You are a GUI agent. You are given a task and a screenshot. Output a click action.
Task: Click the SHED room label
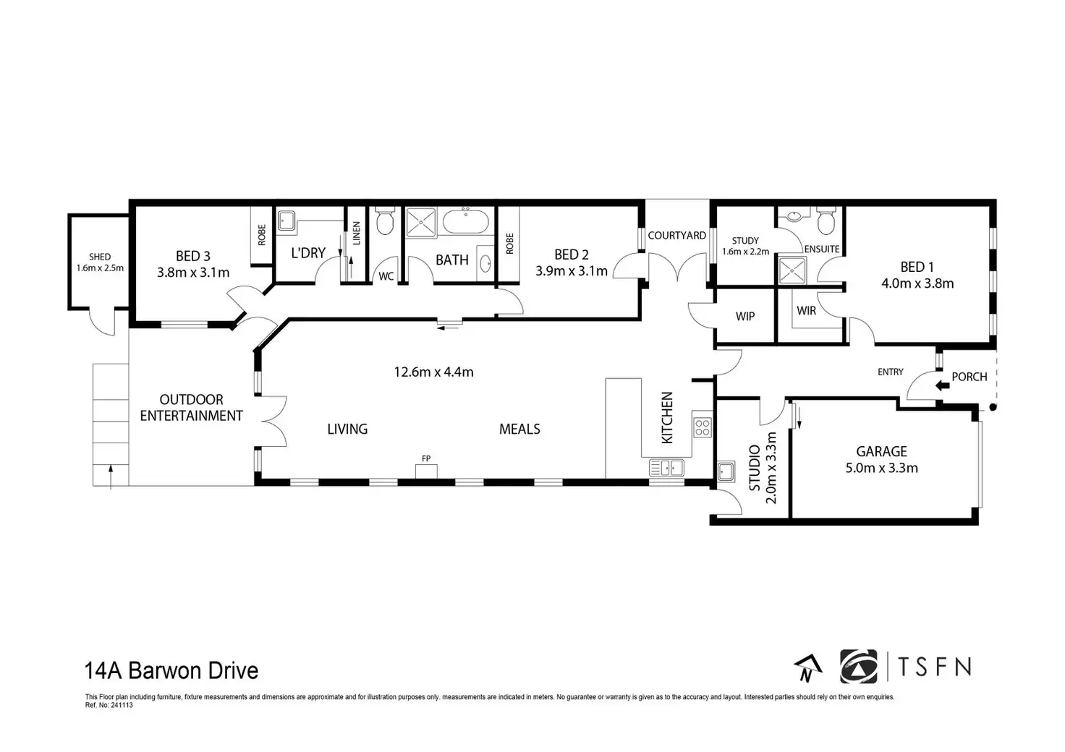100,257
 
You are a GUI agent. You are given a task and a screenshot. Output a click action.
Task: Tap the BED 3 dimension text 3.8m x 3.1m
193,273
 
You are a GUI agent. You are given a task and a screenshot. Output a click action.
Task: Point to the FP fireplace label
426,458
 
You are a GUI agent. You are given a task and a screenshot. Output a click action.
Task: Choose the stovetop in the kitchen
703,427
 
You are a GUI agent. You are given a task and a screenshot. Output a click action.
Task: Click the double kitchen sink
666,468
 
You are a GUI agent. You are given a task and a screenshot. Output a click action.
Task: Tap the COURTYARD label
677,236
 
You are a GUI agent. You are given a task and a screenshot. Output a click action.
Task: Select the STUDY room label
745,241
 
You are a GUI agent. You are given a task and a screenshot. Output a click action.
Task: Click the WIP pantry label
745,317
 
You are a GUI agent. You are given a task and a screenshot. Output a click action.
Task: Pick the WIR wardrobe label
807,311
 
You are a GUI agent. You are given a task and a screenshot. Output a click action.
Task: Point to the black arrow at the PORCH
942,385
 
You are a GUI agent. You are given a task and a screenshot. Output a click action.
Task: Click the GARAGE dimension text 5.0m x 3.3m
881,469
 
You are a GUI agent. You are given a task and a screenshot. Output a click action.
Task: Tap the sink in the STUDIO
726,471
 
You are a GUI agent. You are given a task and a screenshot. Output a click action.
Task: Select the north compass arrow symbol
807,667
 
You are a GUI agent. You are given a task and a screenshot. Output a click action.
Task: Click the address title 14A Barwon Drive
171,671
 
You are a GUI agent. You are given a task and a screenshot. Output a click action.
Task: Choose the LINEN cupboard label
357,234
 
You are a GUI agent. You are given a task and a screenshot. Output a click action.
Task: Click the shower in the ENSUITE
792,270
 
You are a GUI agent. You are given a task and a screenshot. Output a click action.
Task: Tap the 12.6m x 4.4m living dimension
433,372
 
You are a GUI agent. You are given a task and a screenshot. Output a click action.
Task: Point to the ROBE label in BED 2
509,244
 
